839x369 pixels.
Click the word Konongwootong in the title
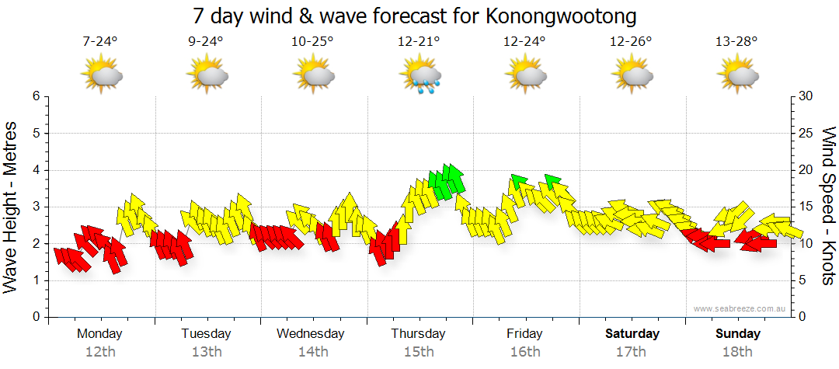point(563,16)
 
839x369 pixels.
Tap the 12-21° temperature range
point(419,42)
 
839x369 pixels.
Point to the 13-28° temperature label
point(736,42)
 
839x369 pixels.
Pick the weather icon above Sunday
point(737,76)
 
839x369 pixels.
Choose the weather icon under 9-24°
point(207,76)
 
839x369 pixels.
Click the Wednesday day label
point(311,334)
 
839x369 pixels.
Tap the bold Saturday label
point(632,334)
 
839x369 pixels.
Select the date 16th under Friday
point(525,352)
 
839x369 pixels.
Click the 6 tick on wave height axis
point(35,96)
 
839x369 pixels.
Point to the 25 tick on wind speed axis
point(806,133)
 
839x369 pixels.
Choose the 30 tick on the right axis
point(806,96)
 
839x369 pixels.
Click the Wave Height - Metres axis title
point(12,207)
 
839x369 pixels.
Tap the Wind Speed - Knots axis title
point(828,207)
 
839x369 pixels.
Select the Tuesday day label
point(206,334)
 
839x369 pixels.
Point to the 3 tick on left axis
point(35,207)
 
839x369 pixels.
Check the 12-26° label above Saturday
point(631,42)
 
